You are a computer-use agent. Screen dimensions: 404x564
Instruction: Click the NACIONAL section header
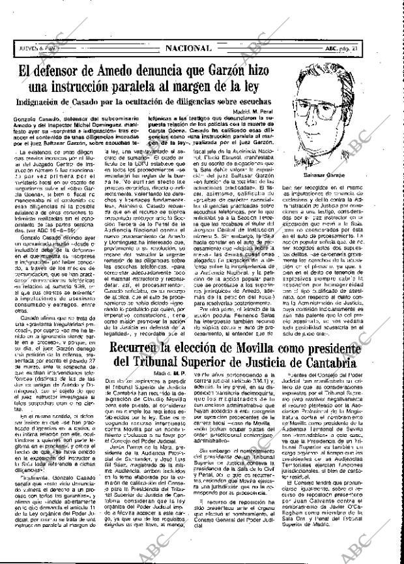click(188, 48)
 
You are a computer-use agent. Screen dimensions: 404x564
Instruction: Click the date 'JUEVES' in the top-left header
click(29, 48)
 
